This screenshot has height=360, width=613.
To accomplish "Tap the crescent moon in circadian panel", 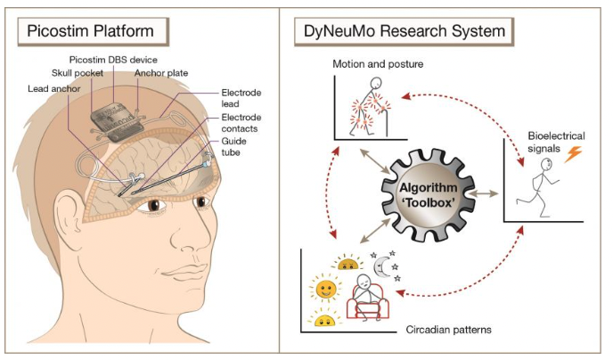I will tap(382, 265).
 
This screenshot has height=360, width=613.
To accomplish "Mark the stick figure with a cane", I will tap(369, 105).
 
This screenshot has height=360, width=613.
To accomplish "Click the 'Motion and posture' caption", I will tap(379, 65).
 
